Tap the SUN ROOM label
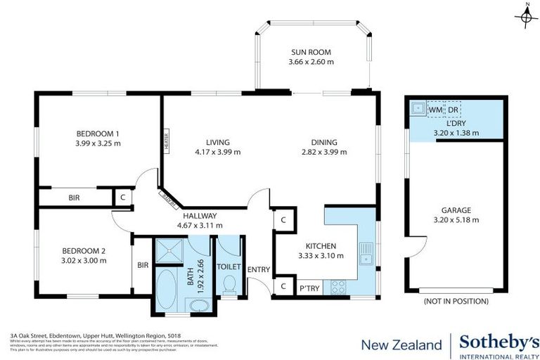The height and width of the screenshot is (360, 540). point(311,52)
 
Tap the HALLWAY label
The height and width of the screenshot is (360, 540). point(200,216)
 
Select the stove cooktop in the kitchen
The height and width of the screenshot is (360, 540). point(338,287)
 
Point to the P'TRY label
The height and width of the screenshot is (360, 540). point(309,288)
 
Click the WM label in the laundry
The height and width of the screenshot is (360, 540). point(435,110)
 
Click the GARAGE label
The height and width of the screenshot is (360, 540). point(456,210)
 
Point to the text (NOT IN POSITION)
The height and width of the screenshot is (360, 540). point(456,301)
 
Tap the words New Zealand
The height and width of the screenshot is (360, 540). point(397,345)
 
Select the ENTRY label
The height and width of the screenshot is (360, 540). point(259,269)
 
